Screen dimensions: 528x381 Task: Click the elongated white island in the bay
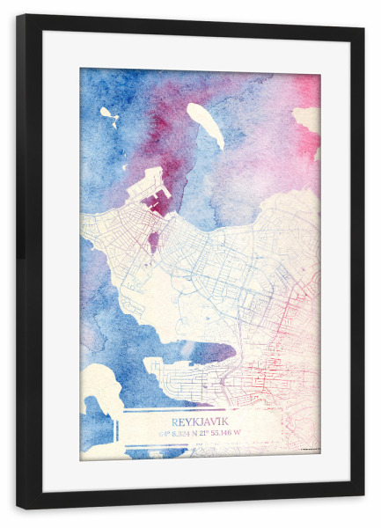coord(206,125)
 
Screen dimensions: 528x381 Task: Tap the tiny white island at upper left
coord(107,114)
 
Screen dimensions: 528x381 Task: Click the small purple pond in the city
coord(154,238)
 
